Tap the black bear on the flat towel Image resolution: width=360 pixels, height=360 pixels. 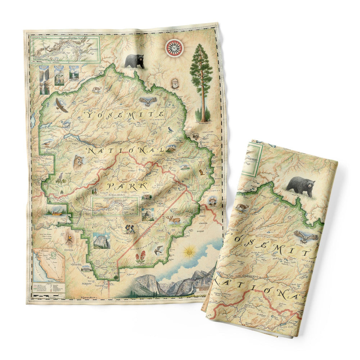(x=134, y=61)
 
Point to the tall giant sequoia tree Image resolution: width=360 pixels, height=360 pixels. (x=202, y=83)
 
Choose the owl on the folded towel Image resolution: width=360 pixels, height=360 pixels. (x=306, y=237)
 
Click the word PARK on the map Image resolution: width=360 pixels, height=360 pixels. (x=128, y=186)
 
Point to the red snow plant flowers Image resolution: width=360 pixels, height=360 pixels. (x=140, y=257)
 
